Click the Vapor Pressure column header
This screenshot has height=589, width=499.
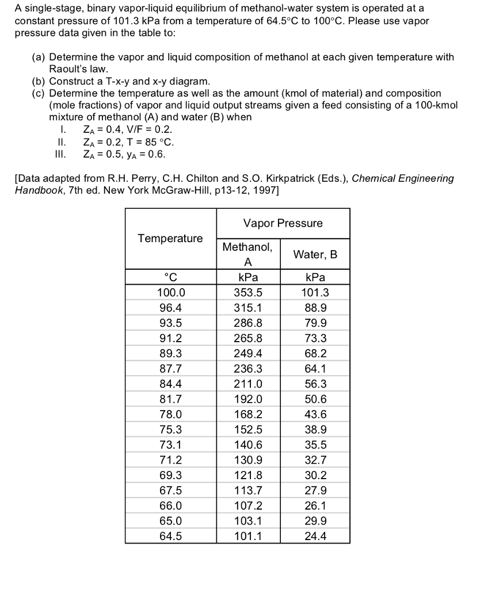pyautogui.click(x=283, y=223)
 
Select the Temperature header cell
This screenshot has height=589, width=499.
pyautogui.click(x=170, y=238)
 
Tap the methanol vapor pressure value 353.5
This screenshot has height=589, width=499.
pyautogui.click(x=248, y=292)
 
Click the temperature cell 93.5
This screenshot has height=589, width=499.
pyautogui.click(x=171, y=323)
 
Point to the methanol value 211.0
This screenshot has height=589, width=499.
pyautogui.click(x=248, y=384)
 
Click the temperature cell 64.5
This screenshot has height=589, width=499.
pyautogui.click(x=171, y=536)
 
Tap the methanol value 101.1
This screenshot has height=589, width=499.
pyautogui.click(x=248, y=536)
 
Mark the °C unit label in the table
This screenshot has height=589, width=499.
pyautogui.click(x=171, y=277)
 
